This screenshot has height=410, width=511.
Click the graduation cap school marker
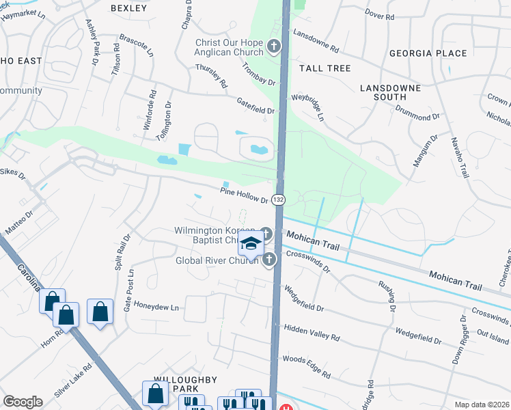pyautogui.click(x=251, y=244)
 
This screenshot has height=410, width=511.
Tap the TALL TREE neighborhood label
pyautogui.click(x=324, y=68)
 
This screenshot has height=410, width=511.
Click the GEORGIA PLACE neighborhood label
pyautogui.click(x=428, y=53)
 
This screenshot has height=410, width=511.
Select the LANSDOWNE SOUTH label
pyautogui.click(x=393, y=92)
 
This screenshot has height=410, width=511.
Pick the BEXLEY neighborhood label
pyautogui.click(x=128, y=8)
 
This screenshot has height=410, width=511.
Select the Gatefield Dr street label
pyautogui.click(x=255, y=105)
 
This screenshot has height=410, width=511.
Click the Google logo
pyautogui.click(x=23, y=402)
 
